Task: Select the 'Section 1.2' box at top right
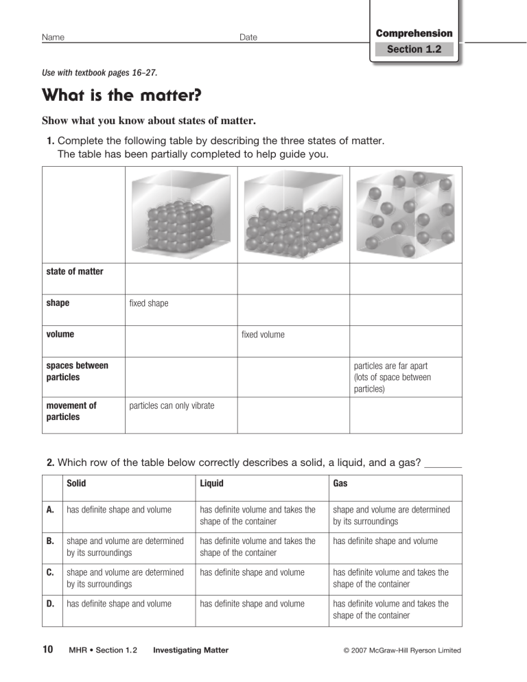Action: tap(414, 49)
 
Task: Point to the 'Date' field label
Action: tap(248, 37)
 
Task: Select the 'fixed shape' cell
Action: tap(149, 303)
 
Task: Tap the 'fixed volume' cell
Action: tap(263, 335)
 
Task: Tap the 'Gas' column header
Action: tap(340, 484)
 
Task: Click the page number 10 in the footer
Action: tap(48, 650)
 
